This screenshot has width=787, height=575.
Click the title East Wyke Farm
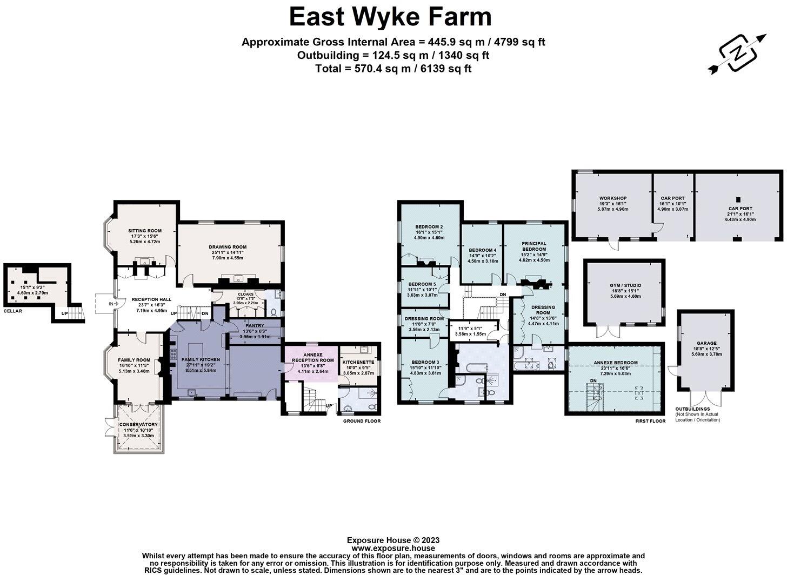point(390,17)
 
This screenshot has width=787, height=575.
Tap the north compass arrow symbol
point(737,53)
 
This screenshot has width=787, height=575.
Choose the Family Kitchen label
point(201,359)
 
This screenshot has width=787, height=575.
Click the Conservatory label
point(139,425)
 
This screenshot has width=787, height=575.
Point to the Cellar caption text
point(13,311)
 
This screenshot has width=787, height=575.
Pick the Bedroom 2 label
point(429,226)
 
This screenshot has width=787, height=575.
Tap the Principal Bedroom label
point(534,246)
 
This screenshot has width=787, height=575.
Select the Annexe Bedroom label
point(615,363)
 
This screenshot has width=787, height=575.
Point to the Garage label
point(706,343)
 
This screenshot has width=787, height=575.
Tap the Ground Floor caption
point(362,421)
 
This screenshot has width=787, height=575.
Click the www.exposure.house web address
point(393,547)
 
